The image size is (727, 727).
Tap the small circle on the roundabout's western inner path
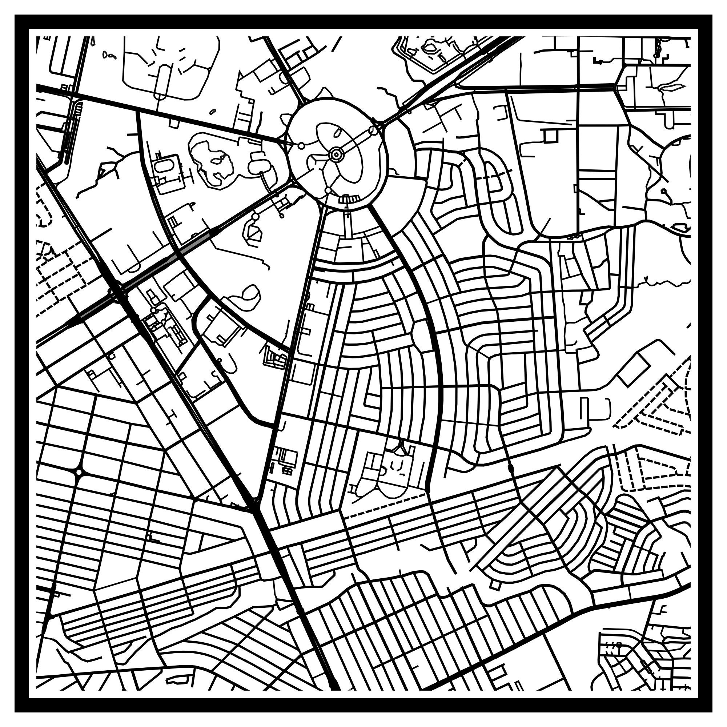301,145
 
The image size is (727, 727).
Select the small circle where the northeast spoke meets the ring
373,130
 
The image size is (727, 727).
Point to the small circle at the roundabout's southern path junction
328,191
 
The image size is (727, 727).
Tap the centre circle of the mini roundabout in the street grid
79,471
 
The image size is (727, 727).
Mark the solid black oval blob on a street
511,468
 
